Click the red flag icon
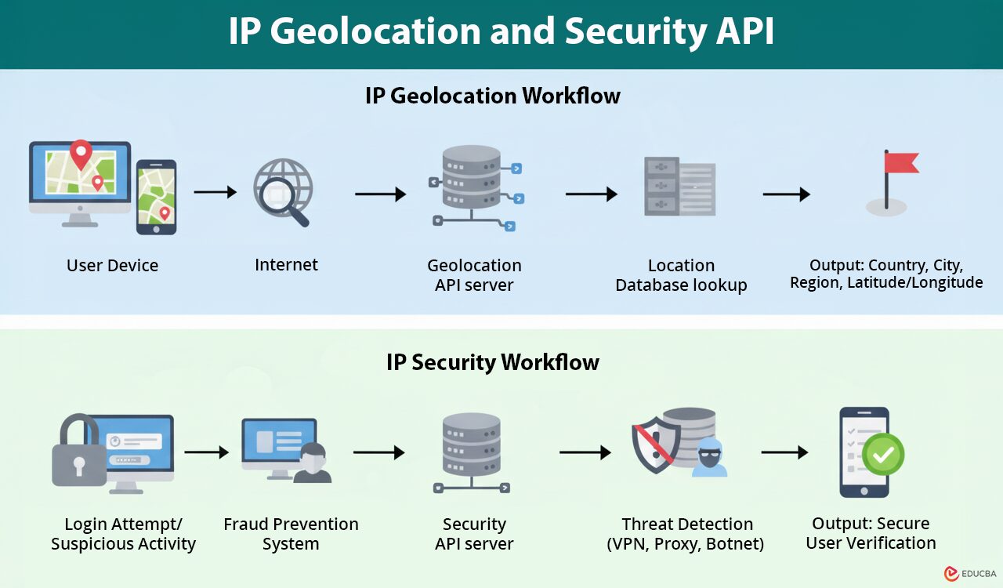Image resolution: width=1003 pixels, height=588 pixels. pyautogui.click(x=900, y=162)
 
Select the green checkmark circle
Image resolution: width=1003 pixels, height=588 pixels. pyautogui.click(x=883, y=454)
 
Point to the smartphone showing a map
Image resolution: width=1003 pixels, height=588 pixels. pyautogui.click(x=156, y=197)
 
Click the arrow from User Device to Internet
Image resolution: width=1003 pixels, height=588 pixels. pyautogui.click(x=215, y=192)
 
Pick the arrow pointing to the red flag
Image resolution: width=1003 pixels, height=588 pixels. pyautogui.click(x=786, y=194)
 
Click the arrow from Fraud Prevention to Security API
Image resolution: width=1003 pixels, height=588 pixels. pyautogui.click(x=378, y=452)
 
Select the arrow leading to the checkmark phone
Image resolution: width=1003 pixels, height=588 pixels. pyautogui.click(x=784, y=452)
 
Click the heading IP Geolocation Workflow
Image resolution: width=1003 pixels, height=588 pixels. pyautogui.click(x=492, y=96)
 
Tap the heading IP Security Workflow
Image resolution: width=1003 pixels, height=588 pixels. pyautogui.click(x=492, y=362)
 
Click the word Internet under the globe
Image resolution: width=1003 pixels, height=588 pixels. pyautogui.click(x=286, y=265)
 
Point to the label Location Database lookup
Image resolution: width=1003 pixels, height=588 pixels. pyautogui.click(x=681, y=275)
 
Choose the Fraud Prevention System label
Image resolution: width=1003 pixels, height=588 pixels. pyautogui.click(x=291, y=534)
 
